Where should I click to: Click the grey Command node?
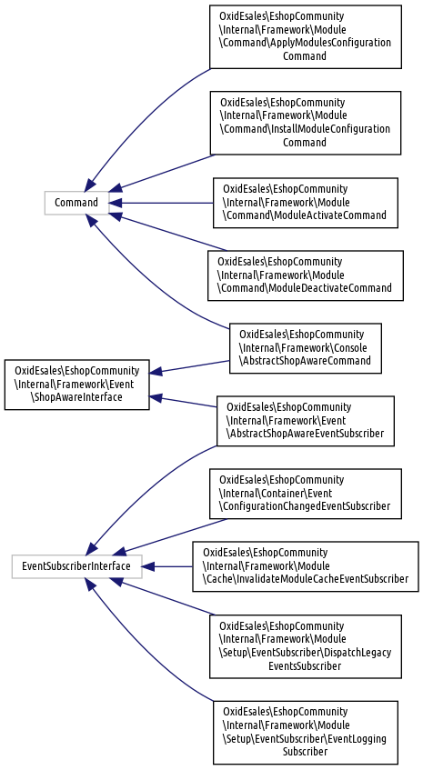[x=76, y=203]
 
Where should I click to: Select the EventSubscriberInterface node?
[x=76, y=566]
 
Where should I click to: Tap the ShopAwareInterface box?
[x=76, y=385]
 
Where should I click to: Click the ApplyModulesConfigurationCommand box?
[x=305, y=37]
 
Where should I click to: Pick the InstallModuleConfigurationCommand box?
[x=305, y=123]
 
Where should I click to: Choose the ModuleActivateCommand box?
[x=305, y=203]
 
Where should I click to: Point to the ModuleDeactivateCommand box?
[x=305, y=275]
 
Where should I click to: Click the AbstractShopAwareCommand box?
[x=305, y=348]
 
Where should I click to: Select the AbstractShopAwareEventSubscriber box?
[x=305, y=421]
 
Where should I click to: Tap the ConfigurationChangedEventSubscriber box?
[x=305, y=494]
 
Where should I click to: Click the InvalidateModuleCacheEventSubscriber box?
[x=305, y=566]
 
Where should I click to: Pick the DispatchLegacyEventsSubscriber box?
[x=305, y=646]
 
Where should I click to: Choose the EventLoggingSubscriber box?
[x=305, y=732]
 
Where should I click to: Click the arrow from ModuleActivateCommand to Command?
[x=161, y=203]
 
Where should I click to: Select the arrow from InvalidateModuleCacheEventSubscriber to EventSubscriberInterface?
[x=167, y=566]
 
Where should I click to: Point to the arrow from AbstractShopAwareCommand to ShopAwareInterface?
[x=189, y=366]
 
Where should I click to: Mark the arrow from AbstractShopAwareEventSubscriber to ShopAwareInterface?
[x=183, y=402]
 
